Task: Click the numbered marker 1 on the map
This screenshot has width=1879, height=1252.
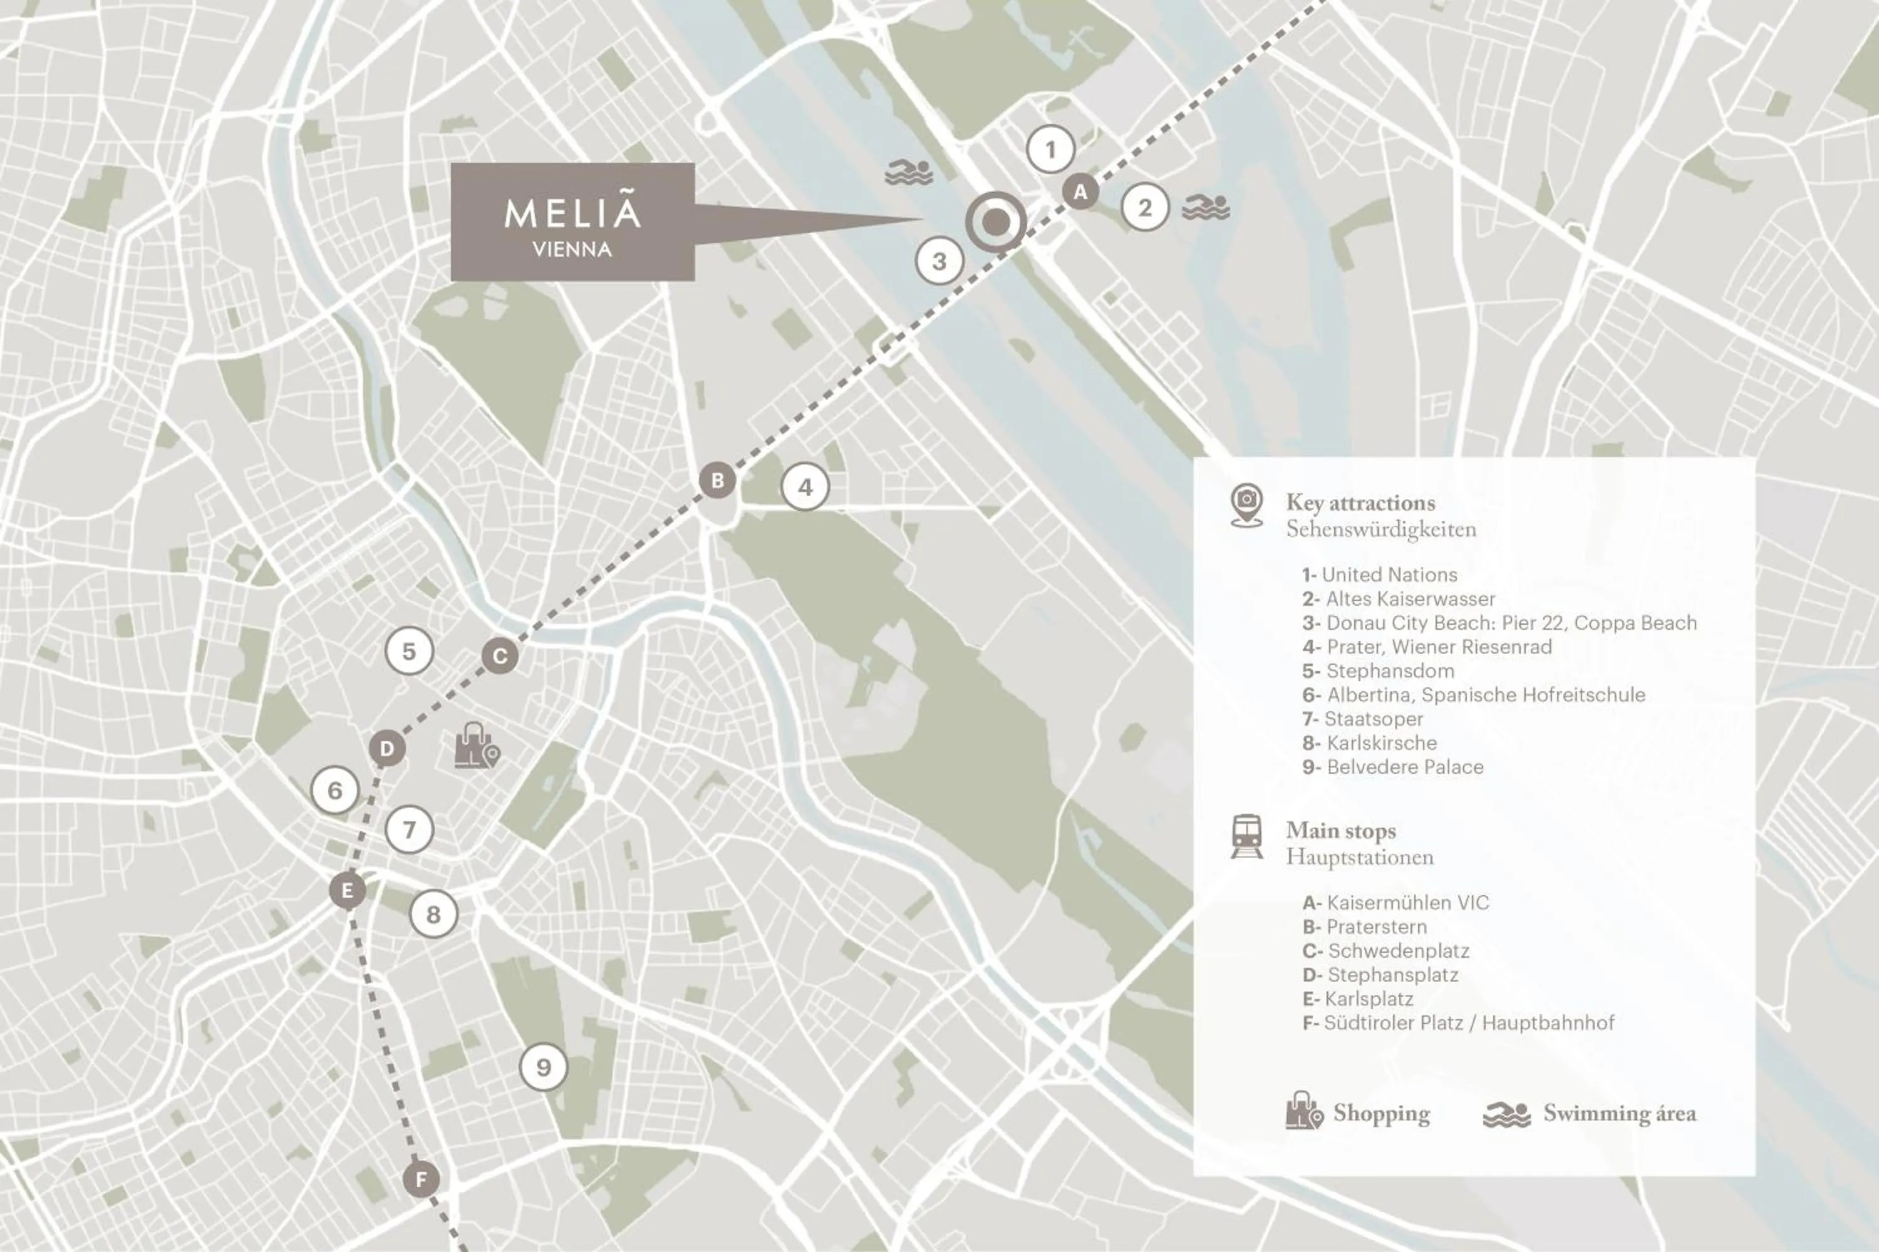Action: [x=1050, y=150]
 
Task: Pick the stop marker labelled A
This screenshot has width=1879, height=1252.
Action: [x=1080, y=192]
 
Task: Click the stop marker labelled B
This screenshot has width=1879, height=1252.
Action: [x=717, y=481]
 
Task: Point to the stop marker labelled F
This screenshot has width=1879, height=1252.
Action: [x=421, y=1179]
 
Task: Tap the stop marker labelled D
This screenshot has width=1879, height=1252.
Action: [x=388, y=749]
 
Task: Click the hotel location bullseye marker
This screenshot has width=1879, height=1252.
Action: [x=995, y=222]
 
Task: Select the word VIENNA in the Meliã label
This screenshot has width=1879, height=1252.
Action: [x=572, y=250]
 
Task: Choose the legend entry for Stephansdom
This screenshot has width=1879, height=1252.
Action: [x=1389, y=670]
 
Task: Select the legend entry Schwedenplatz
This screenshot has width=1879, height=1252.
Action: [x=1397, y=951]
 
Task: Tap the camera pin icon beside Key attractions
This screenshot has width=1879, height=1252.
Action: [x=1246, y=505]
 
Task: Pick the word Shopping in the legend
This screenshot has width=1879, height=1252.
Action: [x=1381, y=1113]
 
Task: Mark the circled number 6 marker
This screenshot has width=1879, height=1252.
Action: [x=334, y=791]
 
